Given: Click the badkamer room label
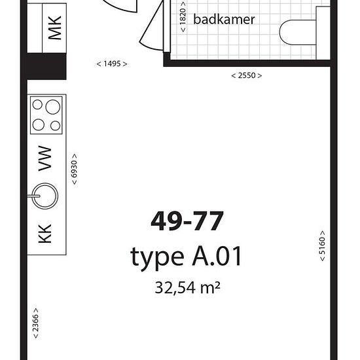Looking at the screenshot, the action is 224,20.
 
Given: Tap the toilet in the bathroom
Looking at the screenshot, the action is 298,32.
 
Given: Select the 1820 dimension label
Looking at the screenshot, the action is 183,17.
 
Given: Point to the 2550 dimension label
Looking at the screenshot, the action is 247,75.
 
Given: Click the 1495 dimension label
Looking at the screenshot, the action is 112,64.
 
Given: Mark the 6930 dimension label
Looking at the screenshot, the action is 74,170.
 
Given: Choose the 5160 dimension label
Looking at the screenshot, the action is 322,246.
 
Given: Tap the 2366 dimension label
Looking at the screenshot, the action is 35,323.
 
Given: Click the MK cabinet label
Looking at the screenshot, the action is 54,27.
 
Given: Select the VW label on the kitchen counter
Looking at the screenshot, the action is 45,158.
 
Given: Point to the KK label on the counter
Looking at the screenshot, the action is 45,234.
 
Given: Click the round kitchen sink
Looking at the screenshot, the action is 45,196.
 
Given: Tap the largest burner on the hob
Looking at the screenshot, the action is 53,107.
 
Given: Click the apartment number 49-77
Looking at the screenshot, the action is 187,221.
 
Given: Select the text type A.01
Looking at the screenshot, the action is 186,257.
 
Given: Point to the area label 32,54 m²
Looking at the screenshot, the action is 188,287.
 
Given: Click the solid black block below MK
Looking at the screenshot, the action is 46,66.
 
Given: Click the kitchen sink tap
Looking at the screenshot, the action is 34,196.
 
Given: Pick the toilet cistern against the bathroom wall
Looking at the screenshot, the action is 323,33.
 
